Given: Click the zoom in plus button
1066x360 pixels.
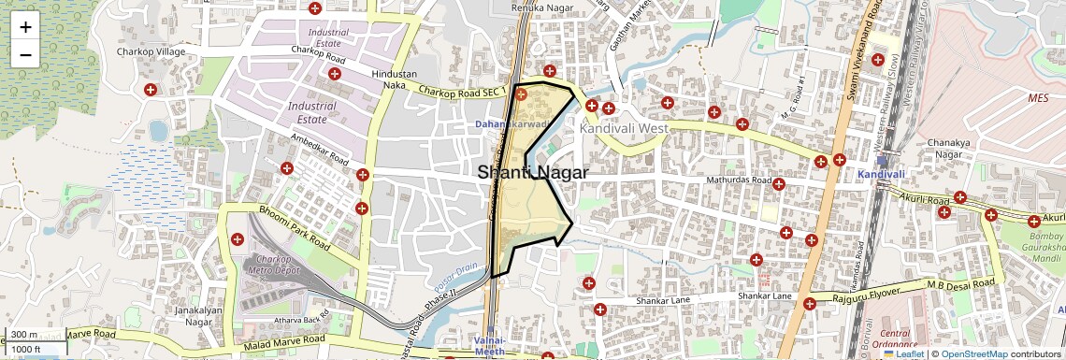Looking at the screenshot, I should click(25, 26).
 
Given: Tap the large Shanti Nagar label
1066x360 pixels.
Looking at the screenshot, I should click(533, 173).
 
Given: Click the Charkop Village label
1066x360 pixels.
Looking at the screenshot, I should click(147, 51).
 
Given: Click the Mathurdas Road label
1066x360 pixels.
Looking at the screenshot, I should click(739, 180).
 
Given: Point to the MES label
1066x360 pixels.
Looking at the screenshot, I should click(1038, 97).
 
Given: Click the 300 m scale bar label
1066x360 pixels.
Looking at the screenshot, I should click(24, 335).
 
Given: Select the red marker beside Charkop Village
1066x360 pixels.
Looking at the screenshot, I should click(150, 90).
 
